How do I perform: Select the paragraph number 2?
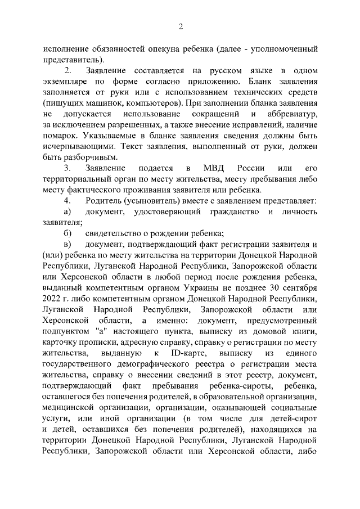[68, 71]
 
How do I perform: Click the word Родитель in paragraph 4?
[107, 201]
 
